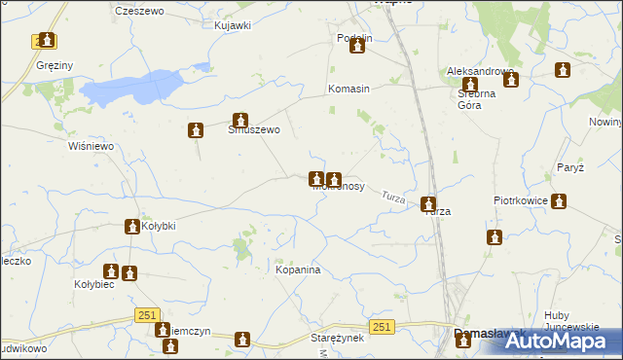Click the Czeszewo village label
(136, 10)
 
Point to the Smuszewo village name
(254, 129)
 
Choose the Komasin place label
(348, 89)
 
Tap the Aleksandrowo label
(479, 72)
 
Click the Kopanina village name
(298, 270)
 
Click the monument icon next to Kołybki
(131, 227)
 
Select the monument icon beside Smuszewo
(197, 130)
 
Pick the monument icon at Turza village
(428, 203)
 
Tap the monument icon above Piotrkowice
(558, 201)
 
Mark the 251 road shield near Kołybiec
(147, 315)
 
